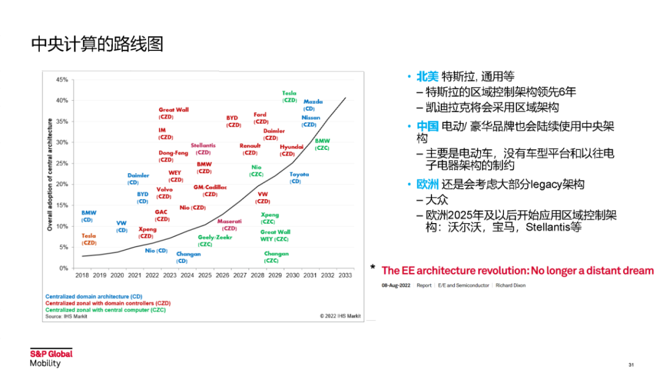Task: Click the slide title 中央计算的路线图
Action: tap(97, 45)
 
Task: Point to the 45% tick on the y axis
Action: tap(61, 79)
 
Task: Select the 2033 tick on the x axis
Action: tap(345, 275)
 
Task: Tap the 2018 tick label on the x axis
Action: tap(82, 275)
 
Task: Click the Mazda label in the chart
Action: tap(312, 102)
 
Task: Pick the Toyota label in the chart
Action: tap(299, 175)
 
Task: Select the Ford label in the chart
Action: tap(260, 115)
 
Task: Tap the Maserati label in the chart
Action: tap(229, 221)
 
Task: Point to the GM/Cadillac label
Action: tap(210, 187)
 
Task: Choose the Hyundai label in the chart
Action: tap(292, 147)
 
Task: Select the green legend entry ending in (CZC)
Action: tap(105, 310)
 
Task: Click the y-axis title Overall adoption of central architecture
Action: tap(50, 175)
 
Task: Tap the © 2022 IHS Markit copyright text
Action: tap(340, 316)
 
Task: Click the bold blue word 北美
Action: tap(427, 77)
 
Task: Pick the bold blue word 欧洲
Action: tap(427, 184)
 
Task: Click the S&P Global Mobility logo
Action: tap(51, 358)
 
